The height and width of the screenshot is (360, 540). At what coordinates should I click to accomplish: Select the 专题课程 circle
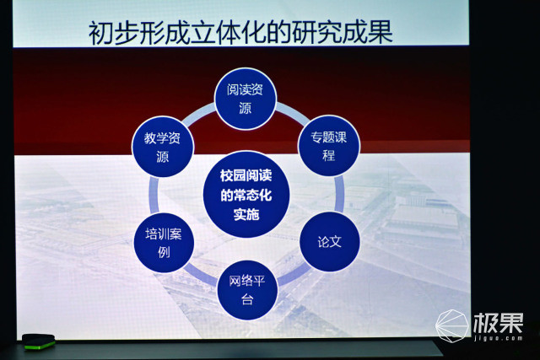[329, 147]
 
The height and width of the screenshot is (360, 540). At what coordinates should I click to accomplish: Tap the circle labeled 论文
[330, 242]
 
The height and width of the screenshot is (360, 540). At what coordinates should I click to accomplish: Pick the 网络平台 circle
[247, 292]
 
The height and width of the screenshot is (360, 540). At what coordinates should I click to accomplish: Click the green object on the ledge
[38, 341]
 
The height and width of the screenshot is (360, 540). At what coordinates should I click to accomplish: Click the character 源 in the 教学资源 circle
[163, 159]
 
